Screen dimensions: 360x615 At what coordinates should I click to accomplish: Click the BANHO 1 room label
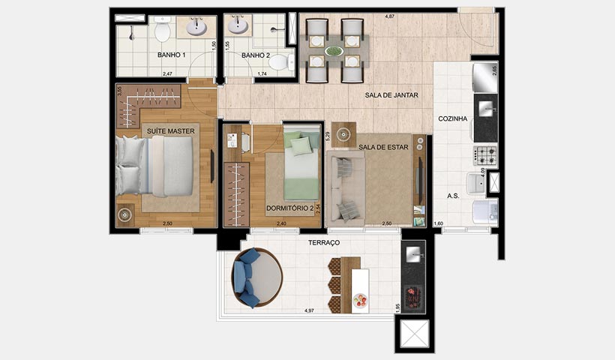click(172, 55)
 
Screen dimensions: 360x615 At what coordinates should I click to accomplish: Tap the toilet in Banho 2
click(280, 61)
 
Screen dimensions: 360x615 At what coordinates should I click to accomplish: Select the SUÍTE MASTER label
click(171, 131)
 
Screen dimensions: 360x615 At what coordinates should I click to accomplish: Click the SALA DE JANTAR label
click(391, 95)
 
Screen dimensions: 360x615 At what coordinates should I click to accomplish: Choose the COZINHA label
click(453, 118)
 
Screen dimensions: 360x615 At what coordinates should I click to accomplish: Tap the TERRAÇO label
click(324, 243)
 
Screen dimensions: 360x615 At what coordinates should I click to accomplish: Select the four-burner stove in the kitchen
click(485, 155)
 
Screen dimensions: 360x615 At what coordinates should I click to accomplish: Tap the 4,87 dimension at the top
click(389, 15)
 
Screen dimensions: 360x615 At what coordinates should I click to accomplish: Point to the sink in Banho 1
click(196, 28)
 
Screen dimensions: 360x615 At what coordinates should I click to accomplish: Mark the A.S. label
click(453, 195)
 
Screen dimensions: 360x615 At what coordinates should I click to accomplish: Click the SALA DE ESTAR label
click(383, 148)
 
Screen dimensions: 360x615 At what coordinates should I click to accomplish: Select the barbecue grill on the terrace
click(412, 296)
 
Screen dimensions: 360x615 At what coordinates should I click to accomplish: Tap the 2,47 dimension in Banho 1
click(169, 74)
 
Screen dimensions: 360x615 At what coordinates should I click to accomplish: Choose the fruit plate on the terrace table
click(360, 300)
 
